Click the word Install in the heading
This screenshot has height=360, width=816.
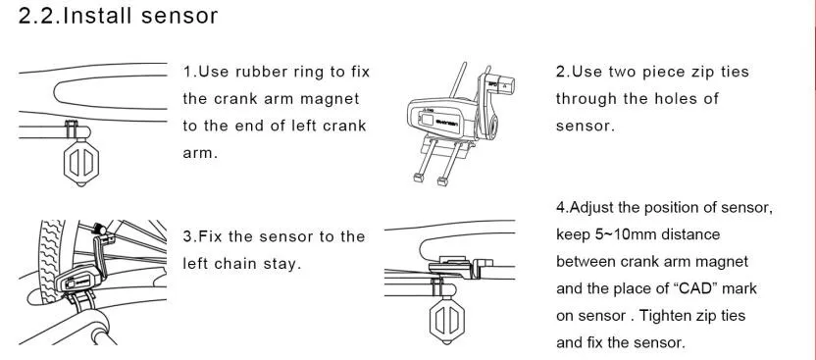coord(97,16)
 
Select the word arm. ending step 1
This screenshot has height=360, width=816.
coord(200,153)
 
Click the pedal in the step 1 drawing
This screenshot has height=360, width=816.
coord(80,162)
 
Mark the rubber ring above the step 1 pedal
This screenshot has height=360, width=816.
coord(72,129)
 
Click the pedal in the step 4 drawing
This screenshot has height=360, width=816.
coord(446,321)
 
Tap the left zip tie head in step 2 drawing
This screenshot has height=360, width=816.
coord(418,178)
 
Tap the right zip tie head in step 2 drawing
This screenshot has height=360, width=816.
coord(442,181)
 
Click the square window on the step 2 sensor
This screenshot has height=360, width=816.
coord(428,120)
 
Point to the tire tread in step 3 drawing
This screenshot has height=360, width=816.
coord(50,260)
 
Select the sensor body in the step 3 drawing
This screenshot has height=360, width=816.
coord(77,280)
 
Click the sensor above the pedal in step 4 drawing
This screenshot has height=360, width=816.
coord(460,267)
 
